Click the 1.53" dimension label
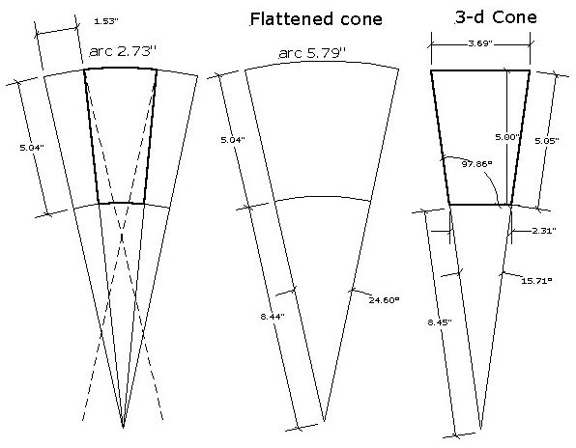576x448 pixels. coord(105,21)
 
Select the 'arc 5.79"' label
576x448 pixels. coord(312,53)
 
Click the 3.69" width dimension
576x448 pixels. coord(479,43)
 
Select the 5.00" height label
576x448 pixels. coord(507,137)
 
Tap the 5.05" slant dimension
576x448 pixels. coord(547,141)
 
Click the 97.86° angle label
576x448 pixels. coord(476,164)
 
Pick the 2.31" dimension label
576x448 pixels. coord(544,231)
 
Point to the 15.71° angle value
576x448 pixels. coord(536,281)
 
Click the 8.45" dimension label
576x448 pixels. coord(440,322)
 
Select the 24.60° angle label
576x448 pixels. coord(384,300)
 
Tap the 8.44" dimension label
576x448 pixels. coord(273,317)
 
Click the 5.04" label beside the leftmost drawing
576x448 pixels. coord(32,148)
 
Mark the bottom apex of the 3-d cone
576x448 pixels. coord(481,428)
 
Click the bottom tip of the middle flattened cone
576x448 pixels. coord(324,421)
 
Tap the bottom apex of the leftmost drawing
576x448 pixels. coord(123,428)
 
